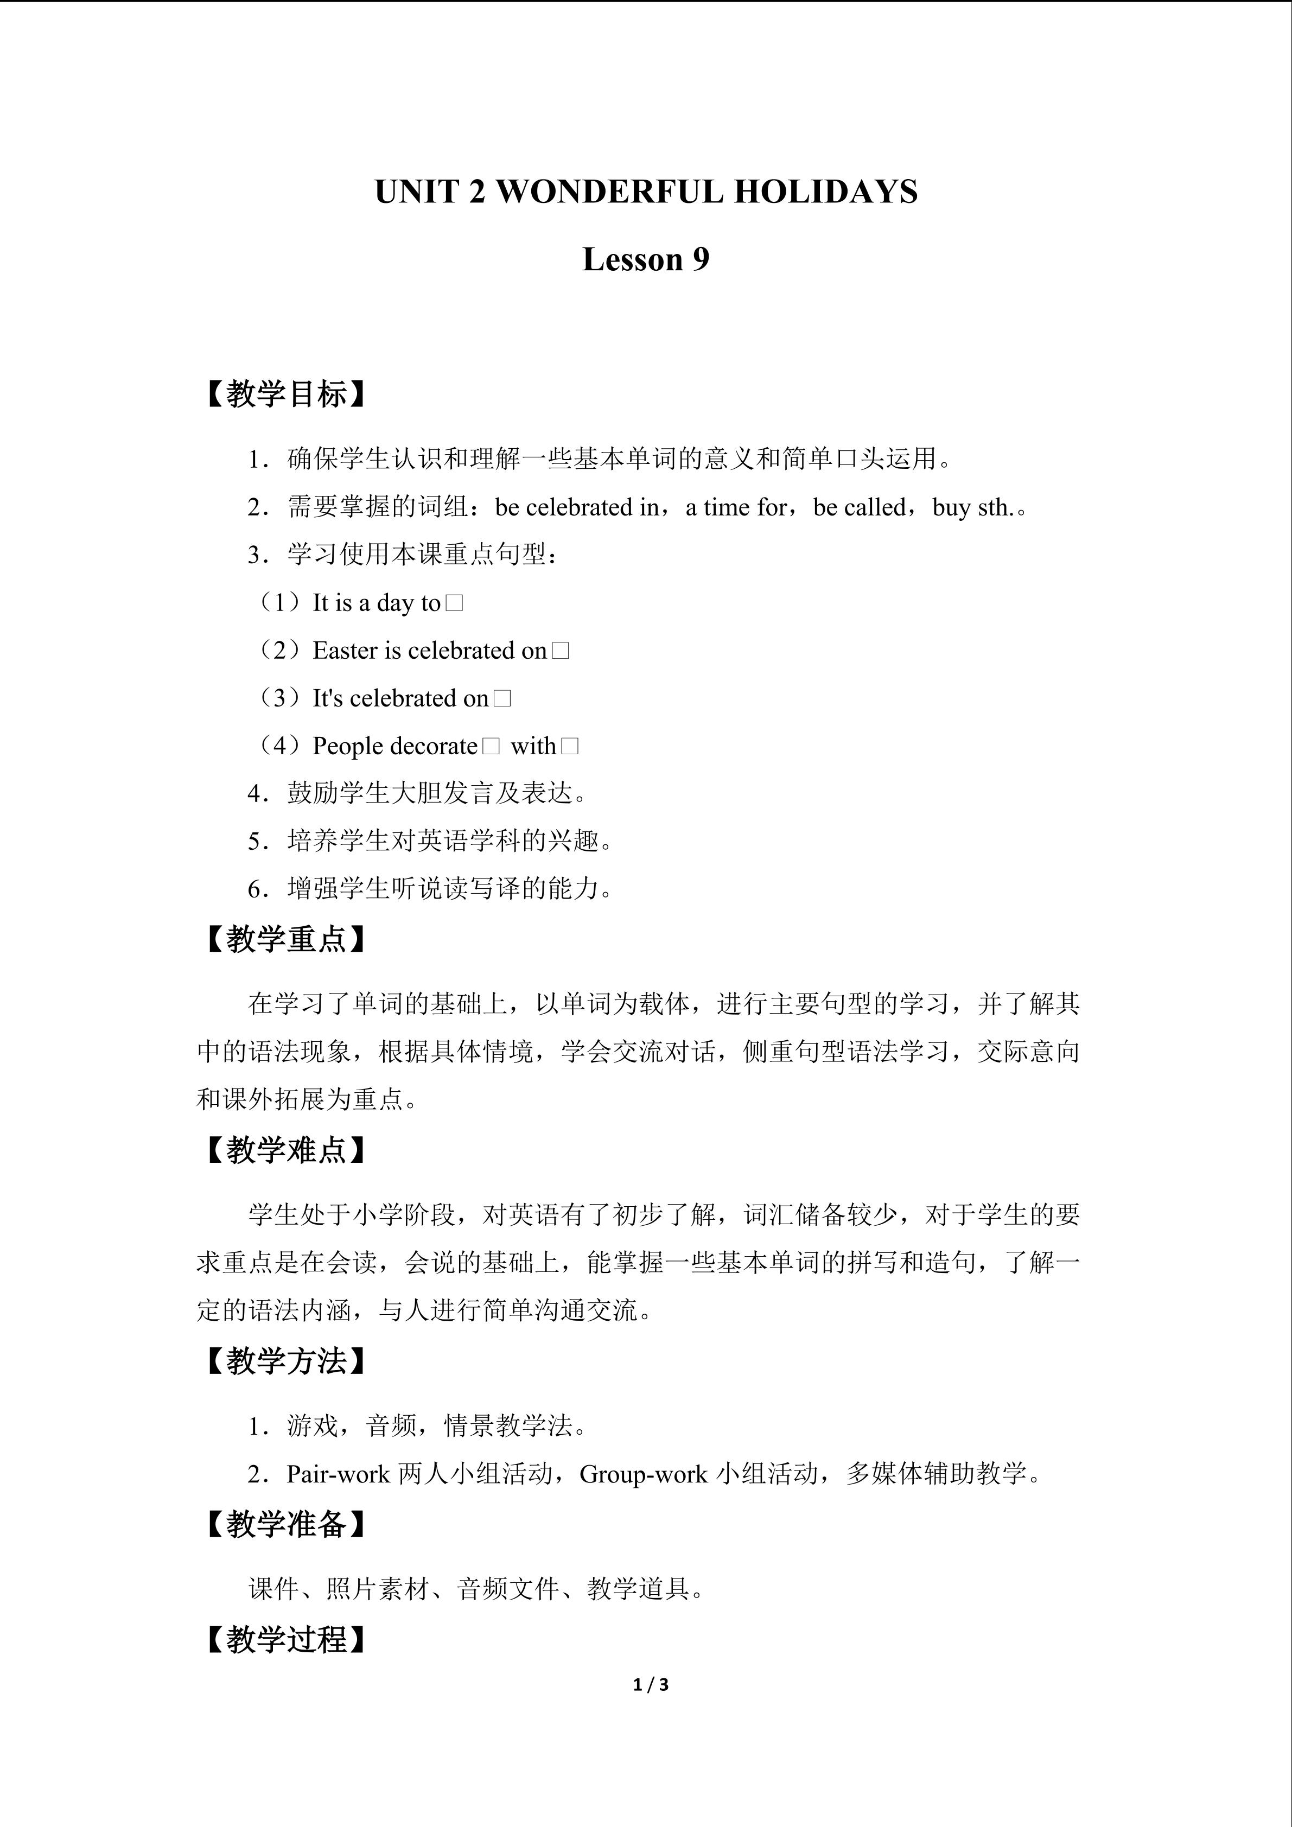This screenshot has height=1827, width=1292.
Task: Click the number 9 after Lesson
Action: pos(700,259)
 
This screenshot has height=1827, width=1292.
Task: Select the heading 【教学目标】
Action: pos(284,394)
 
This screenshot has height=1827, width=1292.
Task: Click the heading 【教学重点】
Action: pos(284,939)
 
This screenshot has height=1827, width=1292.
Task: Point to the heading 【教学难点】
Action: pos(284,1150)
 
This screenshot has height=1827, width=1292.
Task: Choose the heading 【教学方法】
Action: pos(284,1361)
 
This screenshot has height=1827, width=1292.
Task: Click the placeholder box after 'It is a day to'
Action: pos(454,603)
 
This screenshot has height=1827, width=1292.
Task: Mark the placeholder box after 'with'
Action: pos(570,747)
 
